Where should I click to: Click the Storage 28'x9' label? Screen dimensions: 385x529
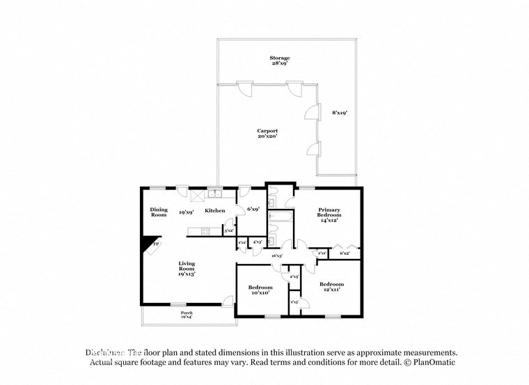[x=281, y=61]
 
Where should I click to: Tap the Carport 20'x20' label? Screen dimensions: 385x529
[x=267, y=134]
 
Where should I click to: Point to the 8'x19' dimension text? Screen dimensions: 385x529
[x=340, y=112]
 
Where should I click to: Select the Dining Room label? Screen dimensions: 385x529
[x=159, y=212]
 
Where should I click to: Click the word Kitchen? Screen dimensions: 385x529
[x=214, y=210]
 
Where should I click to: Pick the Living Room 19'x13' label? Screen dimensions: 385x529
[x=186, y=269]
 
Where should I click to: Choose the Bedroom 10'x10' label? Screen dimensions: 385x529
[x=260, y=290]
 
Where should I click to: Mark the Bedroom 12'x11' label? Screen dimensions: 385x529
[x=331, y=287]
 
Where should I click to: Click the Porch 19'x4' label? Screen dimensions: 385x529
[x=187, y=315]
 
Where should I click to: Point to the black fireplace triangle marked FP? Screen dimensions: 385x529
[x=150, y=245]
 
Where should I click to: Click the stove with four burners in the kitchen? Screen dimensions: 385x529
[x=205, y=230]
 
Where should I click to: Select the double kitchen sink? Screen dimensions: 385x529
[x=214, y=193]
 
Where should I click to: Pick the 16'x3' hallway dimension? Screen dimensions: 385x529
[x=277, y=256]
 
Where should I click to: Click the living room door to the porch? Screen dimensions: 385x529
[x=227, y=301]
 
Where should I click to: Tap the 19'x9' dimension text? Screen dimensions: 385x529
[x=186, y=210]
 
